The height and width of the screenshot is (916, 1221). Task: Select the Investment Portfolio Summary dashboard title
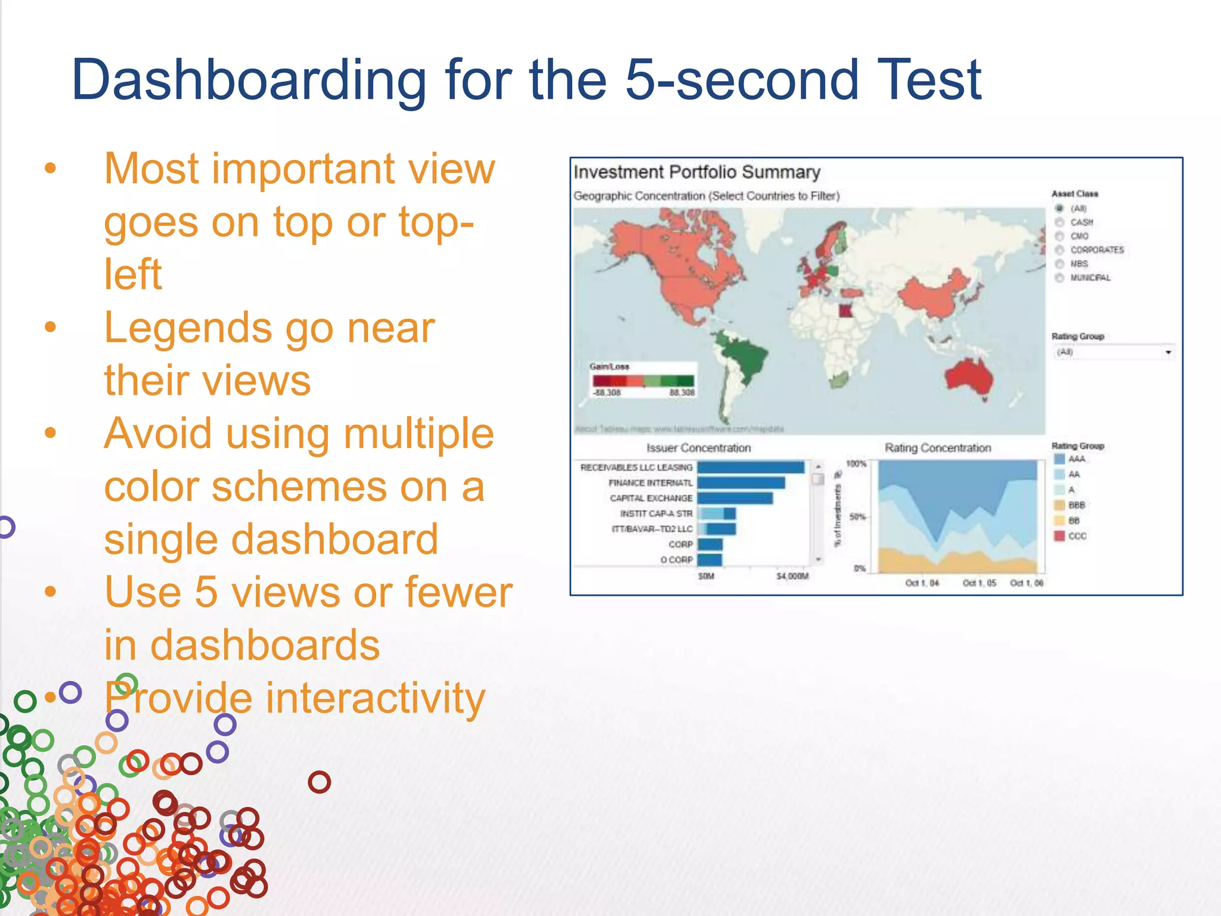tap(696, 172)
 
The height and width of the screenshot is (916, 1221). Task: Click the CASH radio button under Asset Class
tap(1059, 222)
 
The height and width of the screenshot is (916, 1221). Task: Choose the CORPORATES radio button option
tap(1059, 250)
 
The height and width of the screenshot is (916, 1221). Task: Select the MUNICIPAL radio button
tap(1059, 278)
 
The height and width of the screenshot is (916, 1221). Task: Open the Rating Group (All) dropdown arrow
tap(1168, 352)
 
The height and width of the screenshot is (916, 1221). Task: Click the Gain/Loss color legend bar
tap(643, 381)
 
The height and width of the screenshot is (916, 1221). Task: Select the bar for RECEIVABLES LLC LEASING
tap(750, 468)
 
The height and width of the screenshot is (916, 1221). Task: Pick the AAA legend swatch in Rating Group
tap(1059, 459)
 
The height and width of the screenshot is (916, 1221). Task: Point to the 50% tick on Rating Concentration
tap(857, 516)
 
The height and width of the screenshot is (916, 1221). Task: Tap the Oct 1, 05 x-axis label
tap(979, 583)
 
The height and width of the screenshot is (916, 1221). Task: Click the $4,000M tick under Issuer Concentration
tap(792, 576)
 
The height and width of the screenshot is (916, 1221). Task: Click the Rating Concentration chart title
tap(937, 448)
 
